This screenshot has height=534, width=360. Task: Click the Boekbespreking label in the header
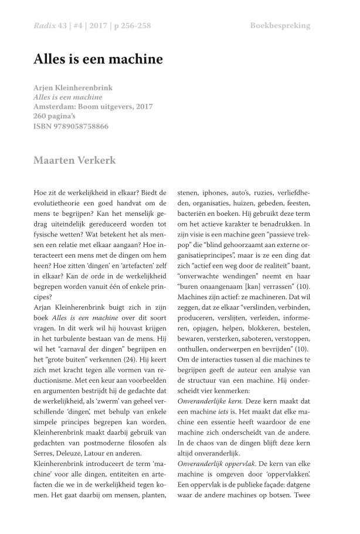pos(280,26)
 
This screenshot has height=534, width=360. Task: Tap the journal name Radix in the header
pos(45,26)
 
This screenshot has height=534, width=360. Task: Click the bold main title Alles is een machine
pos(98,59)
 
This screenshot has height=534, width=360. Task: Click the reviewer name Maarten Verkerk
pos(74,160)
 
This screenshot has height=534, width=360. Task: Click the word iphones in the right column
pos(216,192)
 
